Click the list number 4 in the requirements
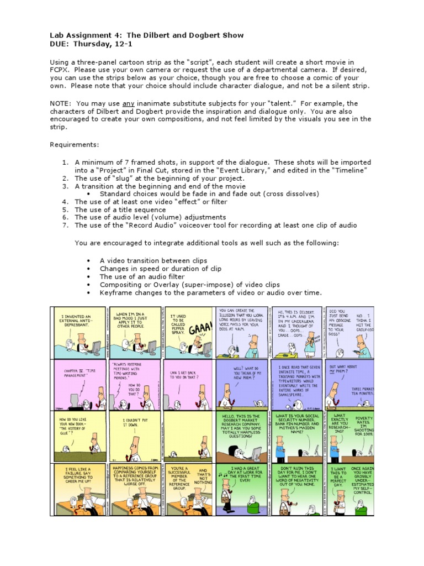pyautogui.click(x=64, y=202)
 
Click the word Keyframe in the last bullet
pyautogui.click(x=118, y=292)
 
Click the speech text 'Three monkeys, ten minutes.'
pyautogui.click(x=362, y=391)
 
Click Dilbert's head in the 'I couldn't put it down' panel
pyautogui.click(x=135, y=442)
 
